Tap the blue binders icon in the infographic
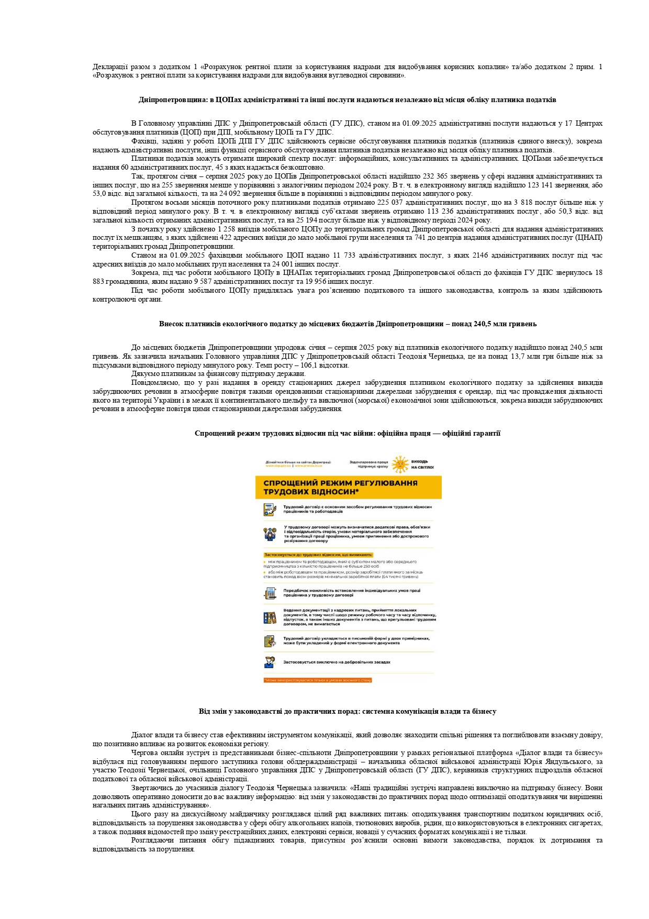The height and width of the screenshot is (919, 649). [270, 618]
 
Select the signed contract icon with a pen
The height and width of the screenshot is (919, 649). [270, 509]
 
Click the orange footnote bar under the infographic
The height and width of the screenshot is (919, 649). [317, 680]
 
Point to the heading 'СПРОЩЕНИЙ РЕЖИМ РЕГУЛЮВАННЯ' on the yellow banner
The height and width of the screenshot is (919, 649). [340, 483]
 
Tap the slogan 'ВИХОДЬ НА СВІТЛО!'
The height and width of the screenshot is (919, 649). [422, 464]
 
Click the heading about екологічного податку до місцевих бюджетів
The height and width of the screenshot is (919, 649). [348, 324]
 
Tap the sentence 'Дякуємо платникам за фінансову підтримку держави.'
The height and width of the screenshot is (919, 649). [218, 374]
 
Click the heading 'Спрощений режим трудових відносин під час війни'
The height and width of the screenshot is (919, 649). [347, 433]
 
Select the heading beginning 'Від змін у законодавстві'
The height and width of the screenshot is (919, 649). [347, 711]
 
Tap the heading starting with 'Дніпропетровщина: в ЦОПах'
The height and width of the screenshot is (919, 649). [347, 99]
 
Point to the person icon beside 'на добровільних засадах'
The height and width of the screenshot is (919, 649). [270, 662]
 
